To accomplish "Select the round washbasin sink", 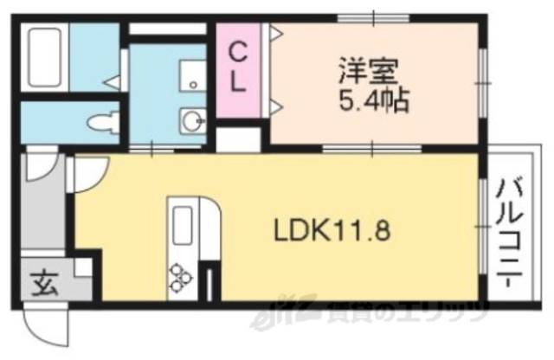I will (x=191, y=119).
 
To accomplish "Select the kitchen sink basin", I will (x=184, y=227).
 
